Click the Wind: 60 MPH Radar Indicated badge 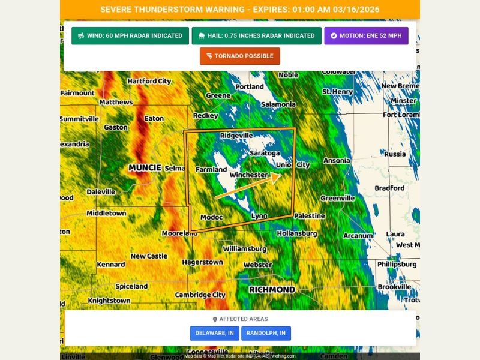[130, 36]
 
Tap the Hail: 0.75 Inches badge [256, 36]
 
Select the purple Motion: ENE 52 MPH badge [366, 36]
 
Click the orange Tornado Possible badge [239, 56]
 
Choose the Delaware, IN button [215, 333]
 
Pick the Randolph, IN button [266, 333]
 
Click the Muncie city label [145, 168]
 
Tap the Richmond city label [272, 290]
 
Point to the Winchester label [248, 175]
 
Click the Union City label [293, 165]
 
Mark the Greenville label [338, 199]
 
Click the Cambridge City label [200, 295]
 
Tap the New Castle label [149, 256]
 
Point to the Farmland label [211, 170]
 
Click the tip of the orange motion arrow [280, 175]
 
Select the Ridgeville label [236, 136]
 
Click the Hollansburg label [297, 233]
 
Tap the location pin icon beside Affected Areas [215, 319]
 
